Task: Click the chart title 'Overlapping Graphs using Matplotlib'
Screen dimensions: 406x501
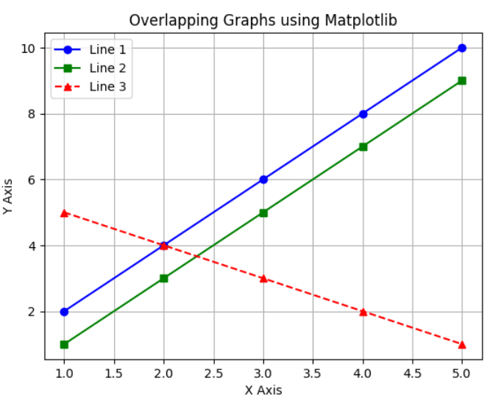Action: pos(263,21)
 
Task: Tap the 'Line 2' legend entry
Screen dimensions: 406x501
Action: pos(107,68)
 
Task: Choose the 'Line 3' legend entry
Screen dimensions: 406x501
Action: pos(107,87)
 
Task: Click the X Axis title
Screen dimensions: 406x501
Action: pos(263,391)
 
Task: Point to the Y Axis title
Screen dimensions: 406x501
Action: pos(8,196)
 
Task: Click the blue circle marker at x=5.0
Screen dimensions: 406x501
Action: pos(462,48)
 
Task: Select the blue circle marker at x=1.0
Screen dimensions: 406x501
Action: pos(64,312)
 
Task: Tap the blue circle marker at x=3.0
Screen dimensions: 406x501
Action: pos(263,179)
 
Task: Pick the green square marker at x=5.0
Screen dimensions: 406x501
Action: pos(462,81)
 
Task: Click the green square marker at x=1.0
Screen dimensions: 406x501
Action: pos(64,344)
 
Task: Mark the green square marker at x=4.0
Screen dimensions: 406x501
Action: pos(363,146)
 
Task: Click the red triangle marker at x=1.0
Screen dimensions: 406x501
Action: pos(64,213)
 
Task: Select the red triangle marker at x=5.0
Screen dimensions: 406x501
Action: pos(462,344)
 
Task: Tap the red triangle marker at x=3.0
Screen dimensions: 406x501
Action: pos(263,278)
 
